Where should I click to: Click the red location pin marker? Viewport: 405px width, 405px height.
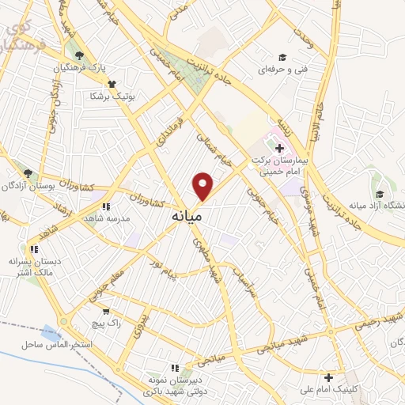[203, 185]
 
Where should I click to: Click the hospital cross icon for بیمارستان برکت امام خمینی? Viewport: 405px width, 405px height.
[279, 146]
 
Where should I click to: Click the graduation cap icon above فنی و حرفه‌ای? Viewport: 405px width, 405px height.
[282, 56]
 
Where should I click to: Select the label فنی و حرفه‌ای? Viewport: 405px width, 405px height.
[282, 70]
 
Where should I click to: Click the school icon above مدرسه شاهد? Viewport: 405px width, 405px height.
[106, 206]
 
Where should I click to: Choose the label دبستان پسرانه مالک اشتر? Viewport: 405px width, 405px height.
[34, 267]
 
